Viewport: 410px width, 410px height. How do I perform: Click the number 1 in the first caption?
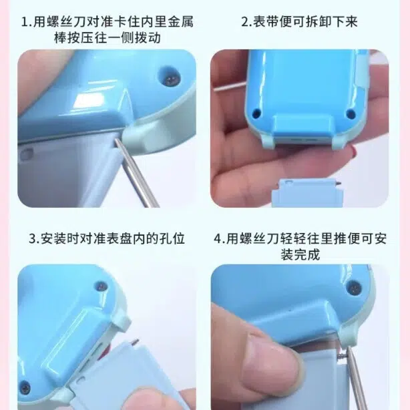click(24, 22)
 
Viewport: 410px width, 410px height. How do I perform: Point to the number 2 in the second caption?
click(245, 22)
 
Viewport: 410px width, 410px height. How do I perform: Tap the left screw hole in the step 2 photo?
click(257, 113)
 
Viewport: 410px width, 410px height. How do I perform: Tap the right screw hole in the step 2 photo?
click(351, 114)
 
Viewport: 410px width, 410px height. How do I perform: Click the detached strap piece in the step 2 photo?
click(307, 193)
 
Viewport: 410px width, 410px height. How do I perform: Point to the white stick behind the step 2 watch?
click(230, 87)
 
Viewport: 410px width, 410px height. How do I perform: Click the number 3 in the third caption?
click(33, 239)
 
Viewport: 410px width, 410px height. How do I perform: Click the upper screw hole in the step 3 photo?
click(101, 286)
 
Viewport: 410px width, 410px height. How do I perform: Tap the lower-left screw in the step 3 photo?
click(25, 388)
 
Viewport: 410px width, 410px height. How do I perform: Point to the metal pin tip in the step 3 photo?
click(136, 341)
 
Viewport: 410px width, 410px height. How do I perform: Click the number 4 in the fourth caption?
click(218, 239)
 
